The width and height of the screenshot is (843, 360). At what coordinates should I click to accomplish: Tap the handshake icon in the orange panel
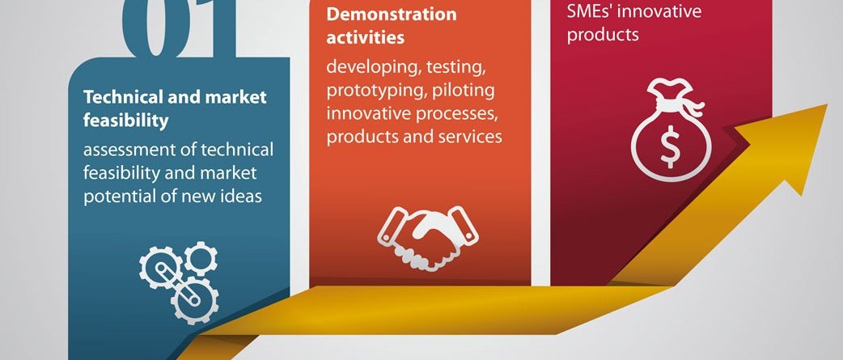428,238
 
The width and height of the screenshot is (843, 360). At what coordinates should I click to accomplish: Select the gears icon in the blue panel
179,282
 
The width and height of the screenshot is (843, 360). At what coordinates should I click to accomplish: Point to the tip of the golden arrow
827,105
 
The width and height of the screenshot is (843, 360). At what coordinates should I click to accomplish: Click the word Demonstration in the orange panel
392,14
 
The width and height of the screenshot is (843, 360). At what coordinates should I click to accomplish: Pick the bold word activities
365,38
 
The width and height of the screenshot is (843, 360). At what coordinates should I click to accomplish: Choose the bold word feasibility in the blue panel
126,121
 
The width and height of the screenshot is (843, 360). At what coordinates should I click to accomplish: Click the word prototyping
375,91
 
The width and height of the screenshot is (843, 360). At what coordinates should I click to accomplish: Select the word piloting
463,91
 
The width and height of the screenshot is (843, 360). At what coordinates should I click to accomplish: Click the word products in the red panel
603,35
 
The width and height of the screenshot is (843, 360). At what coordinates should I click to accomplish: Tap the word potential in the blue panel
121,197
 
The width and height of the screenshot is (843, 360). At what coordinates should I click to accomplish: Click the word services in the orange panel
470,137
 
